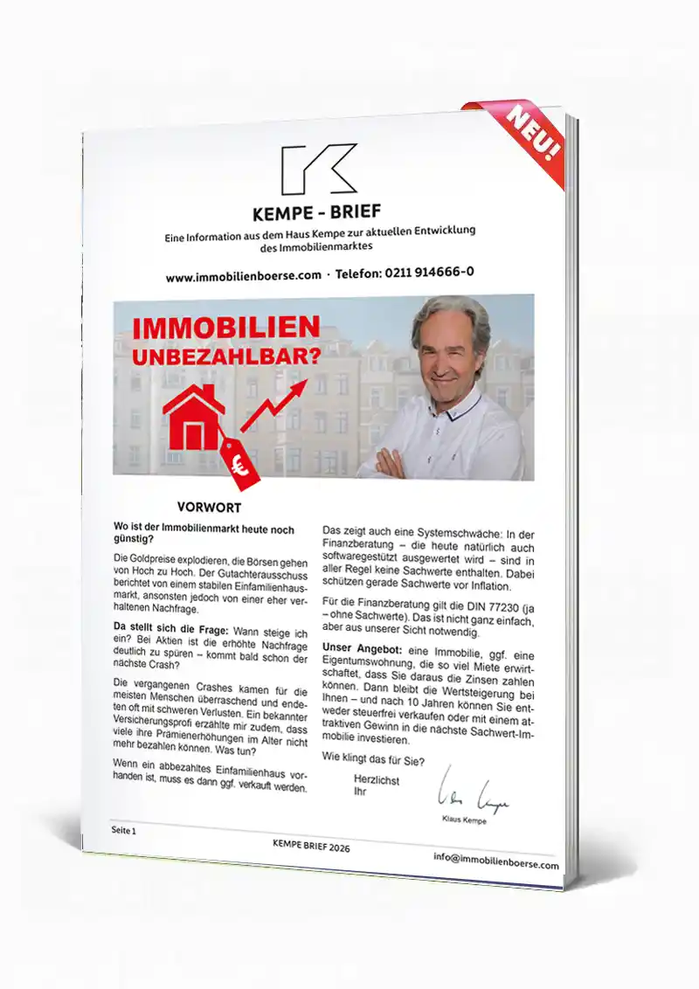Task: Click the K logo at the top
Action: [318, 169]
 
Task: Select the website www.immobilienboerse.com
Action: [244, 277]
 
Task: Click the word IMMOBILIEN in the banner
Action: [225, 329]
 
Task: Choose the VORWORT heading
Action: [209, 507]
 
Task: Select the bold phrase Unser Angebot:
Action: [358, 647]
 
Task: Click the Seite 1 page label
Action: [123, 830]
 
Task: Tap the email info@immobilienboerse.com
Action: [495, 861]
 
